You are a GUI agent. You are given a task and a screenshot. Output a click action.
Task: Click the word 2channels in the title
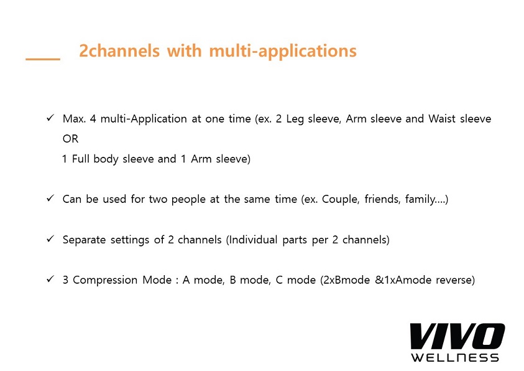(119, 51)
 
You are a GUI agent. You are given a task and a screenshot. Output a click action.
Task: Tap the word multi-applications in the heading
(283, 52)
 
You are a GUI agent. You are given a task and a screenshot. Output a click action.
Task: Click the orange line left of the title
(43, 59)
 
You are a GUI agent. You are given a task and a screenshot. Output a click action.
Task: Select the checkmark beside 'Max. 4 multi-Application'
(50, 118)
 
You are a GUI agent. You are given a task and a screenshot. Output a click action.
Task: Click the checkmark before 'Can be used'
(50, 199)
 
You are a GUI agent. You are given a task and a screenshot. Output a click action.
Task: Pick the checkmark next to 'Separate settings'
(50, 239)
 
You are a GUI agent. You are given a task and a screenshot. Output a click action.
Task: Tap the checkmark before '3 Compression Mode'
(50, 279)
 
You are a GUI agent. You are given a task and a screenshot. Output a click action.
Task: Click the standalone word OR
(70, 139)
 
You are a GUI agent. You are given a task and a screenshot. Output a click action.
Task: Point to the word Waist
(442, 119)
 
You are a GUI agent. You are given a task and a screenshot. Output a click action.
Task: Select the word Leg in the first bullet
(295, 120)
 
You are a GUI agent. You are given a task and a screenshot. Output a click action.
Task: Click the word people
(188, 200)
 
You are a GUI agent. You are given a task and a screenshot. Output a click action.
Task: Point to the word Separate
(84, 240)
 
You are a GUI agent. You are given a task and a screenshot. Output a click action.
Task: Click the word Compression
(105, 280)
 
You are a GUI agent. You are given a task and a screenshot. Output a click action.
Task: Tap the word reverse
(455, 280)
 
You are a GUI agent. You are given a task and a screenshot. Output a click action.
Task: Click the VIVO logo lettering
(457, 337)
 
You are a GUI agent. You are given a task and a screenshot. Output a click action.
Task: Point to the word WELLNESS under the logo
(455, 358)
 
